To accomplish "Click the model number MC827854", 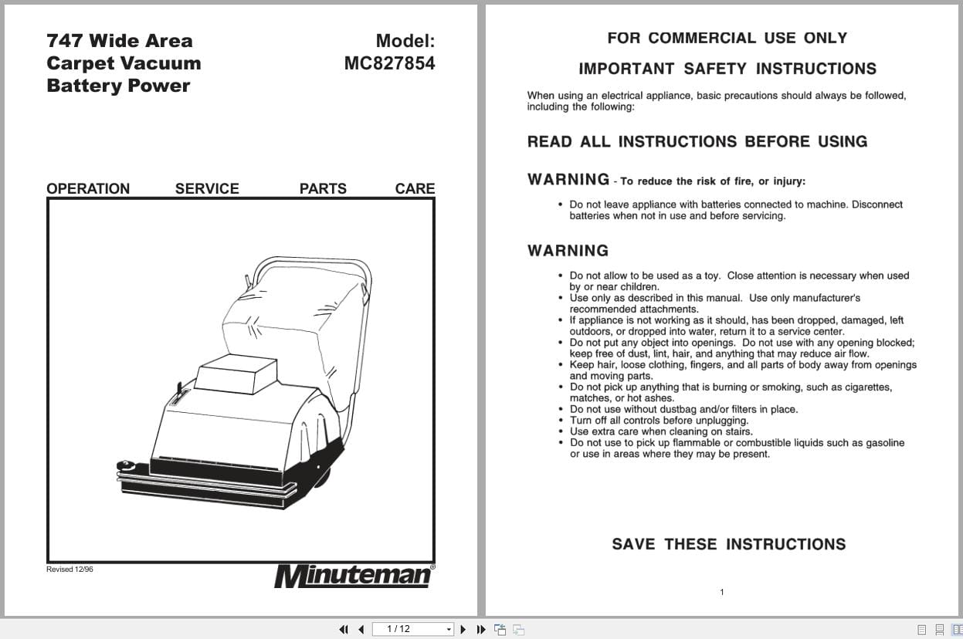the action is tap(389, 63).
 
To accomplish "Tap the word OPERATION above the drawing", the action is tap(88, 188).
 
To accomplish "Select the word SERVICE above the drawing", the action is tap(207, 188).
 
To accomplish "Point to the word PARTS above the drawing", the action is tap(323, 188).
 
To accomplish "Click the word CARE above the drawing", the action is tap(415, 188).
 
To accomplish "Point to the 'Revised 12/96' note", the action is tap(70, 570).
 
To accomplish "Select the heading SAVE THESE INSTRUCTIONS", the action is tap(728, 544).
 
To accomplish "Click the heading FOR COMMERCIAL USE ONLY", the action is tap(727, 38).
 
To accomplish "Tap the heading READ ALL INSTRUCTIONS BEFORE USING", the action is tap(697, 141).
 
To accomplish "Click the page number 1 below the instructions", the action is tap(722, 593).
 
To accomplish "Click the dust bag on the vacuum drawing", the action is tap(293, 316).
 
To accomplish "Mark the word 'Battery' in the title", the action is tap(79, 86).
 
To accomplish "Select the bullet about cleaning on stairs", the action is tap(660, 431).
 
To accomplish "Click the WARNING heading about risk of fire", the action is tap(568, 180).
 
